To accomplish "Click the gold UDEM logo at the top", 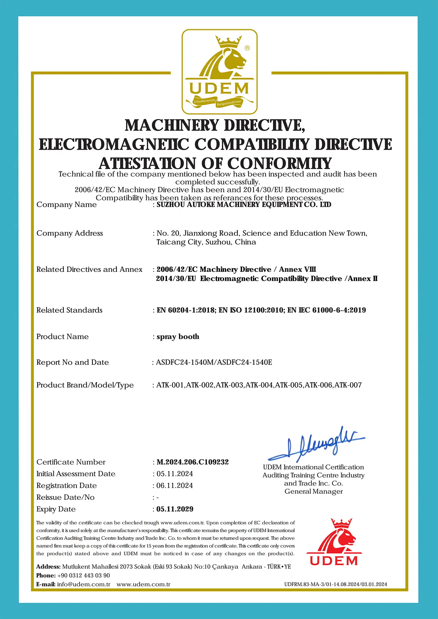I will click(219, 72).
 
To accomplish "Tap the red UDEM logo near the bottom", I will click(334, 543).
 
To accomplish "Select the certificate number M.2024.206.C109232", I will click(192, 462).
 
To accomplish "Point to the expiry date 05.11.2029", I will click(175, 509).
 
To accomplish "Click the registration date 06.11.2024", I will click(175, 485).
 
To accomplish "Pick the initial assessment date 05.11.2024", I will click(175, 474).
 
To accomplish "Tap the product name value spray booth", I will click(178, 337).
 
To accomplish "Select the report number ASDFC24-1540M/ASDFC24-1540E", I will click(214, 362).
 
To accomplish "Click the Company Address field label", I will click(69, 233).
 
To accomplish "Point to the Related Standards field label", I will click(69, 310).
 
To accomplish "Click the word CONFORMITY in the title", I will click(279, 164).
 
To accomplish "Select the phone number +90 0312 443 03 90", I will click(84, 575).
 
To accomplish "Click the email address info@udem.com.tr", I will click(84, 584).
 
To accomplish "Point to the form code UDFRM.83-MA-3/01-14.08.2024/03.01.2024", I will click(336, 584).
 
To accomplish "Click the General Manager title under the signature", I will click(314, 491).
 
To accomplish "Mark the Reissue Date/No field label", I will click(65, 497).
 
